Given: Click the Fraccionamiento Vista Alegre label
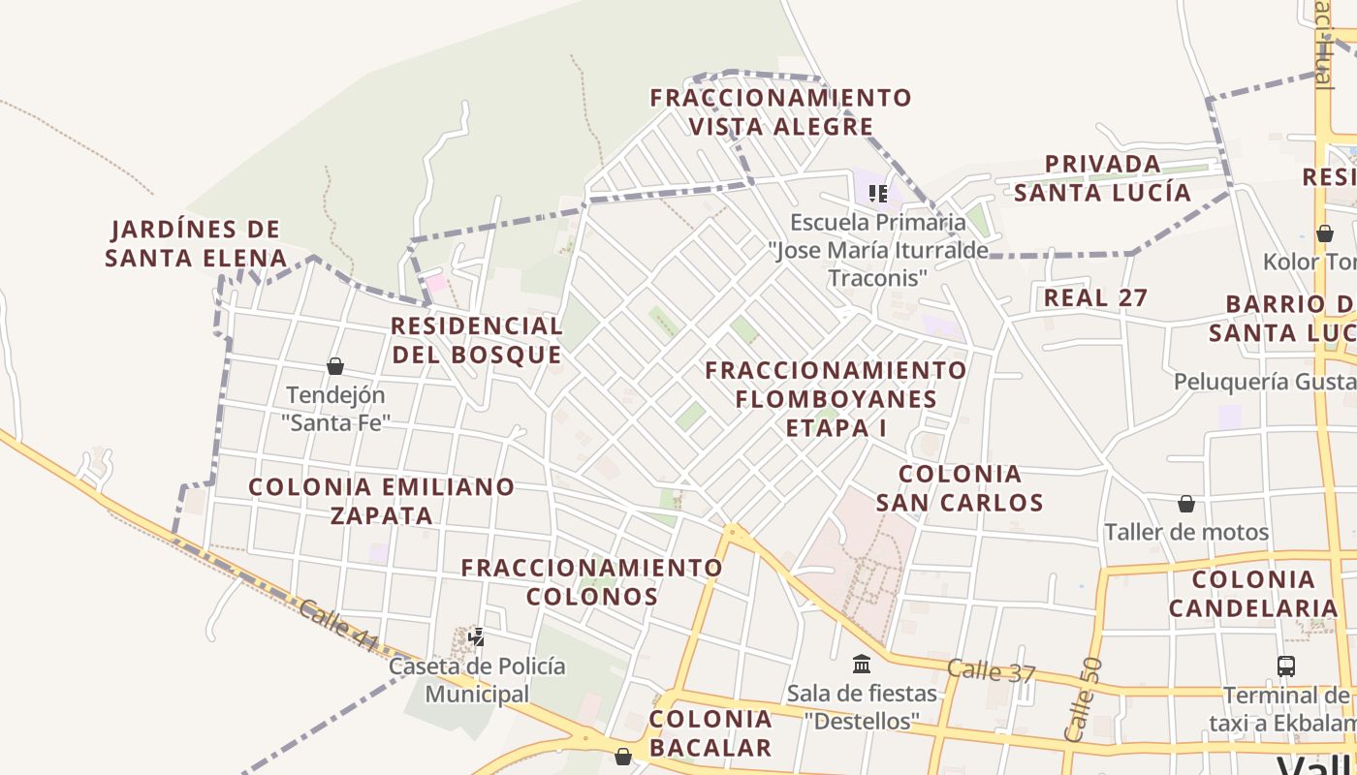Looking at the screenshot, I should [780, 112].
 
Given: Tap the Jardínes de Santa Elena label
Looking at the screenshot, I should [196, 244].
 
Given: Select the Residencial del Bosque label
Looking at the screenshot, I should [477, 340].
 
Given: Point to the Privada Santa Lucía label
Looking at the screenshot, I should [1102, 178].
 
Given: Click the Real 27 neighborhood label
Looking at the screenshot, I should [1095, 298].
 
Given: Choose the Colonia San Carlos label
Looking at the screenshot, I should [960, 488].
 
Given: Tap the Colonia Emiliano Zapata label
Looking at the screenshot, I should [382, 501].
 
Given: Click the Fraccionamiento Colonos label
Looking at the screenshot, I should [592, 581].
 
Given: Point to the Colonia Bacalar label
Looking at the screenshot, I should [710, 733].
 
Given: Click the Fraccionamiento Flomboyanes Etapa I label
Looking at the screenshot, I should [836, 398].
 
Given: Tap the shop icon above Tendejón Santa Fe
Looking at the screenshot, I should [335, 366].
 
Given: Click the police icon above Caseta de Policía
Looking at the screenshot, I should [476, 637].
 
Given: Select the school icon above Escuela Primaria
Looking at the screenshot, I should [878, 194].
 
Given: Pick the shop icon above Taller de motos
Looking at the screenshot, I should [1186, 504].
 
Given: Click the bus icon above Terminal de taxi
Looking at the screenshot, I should [1286, 666].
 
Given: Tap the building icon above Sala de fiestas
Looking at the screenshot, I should [862, 664].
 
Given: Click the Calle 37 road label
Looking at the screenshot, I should [992, 670].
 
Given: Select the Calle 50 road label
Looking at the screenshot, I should [1082, 699].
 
